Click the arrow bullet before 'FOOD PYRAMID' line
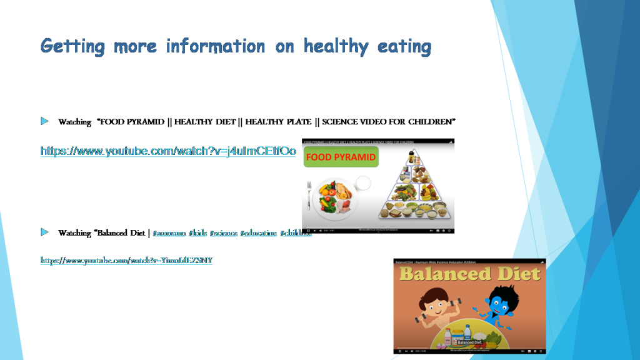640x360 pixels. pyautogui.click(x=44, y=121)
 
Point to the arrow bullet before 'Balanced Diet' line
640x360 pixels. pyautogui.click(x=44, y=232)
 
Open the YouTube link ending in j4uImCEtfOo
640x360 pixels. pyautogui.click(x=168, y=151)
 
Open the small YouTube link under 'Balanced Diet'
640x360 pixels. pyautogui.click(x=127, y=260)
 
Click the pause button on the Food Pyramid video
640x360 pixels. pyautogui.click(x=307, y=231)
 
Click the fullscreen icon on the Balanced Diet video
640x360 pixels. pyautogui.click(x=541, y=351)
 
